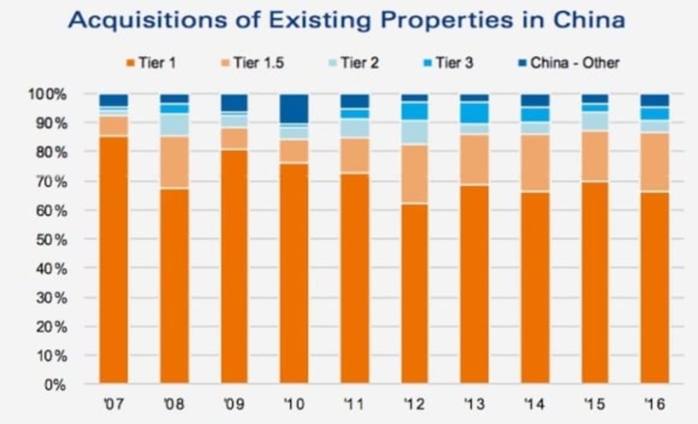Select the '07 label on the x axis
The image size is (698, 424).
[114, 404]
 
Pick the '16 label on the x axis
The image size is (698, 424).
[654, 404]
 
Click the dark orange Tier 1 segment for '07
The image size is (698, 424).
[114, 259]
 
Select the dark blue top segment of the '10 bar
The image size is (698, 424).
[294, 108]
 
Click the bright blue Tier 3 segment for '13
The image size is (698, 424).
[474, 113]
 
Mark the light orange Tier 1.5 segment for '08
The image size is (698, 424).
[174, 163]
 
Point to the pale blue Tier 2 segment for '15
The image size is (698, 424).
[595, 121]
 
